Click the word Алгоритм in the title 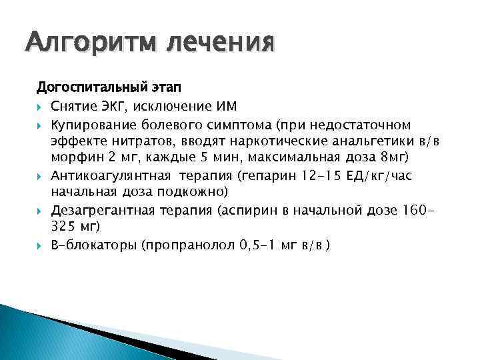point(90,44)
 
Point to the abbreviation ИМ point(227,107)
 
